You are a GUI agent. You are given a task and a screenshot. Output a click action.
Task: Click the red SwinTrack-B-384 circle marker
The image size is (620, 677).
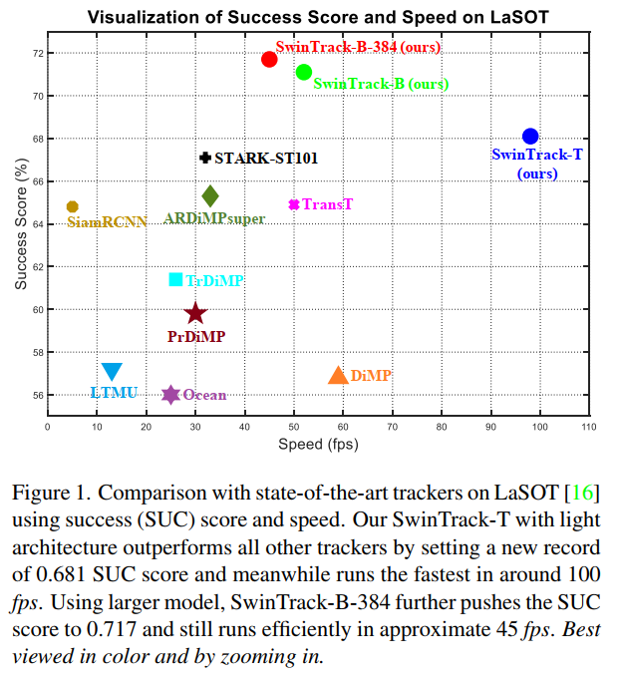click(x=269, y=60)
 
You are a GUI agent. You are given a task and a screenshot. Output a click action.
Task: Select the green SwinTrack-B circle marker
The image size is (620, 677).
click(x=304, y=72)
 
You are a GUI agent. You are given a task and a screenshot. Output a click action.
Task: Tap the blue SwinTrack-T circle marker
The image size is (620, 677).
click(x=530, y=137)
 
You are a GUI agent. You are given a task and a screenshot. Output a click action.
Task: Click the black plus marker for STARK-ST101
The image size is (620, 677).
click(x=205, y=158)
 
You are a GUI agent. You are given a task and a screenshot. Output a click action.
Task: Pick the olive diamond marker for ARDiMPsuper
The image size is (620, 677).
click(x=210, y=196)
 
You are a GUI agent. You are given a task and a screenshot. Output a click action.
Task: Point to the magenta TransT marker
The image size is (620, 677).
click(x=294, y=204)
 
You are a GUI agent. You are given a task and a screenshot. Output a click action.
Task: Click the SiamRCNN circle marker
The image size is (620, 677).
click(x=72, y=206)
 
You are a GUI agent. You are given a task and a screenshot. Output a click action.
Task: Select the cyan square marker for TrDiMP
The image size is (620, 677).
click(x=176, y=280)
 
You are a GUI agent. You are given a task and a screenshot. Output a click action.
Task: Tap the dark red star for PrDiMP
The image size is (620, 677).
click(x=195, y=314)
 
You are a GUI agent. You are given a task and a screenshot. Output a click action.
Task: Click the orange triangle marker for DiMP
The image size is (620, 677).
click(x=338, y=376)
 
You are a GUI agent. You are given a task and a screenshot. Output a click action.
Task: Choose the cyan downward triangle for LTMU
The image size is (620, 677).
click(x=112, y=372)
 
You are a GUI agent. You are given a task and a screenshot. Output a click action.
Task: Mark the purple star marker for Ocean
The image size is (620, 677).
click(x=170, y=395)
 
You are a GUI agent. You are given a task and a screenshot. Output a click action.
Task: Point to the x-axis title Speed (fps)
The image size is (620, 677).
click(x=318, y=444)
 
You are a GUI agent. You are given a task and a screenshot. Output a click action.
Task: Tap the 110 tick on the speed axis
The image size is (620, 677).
click(x=589, y=427)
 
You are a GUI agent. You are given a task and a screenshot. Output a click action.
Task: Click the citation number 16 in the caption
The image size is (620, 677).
click(x=582, y=494)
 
